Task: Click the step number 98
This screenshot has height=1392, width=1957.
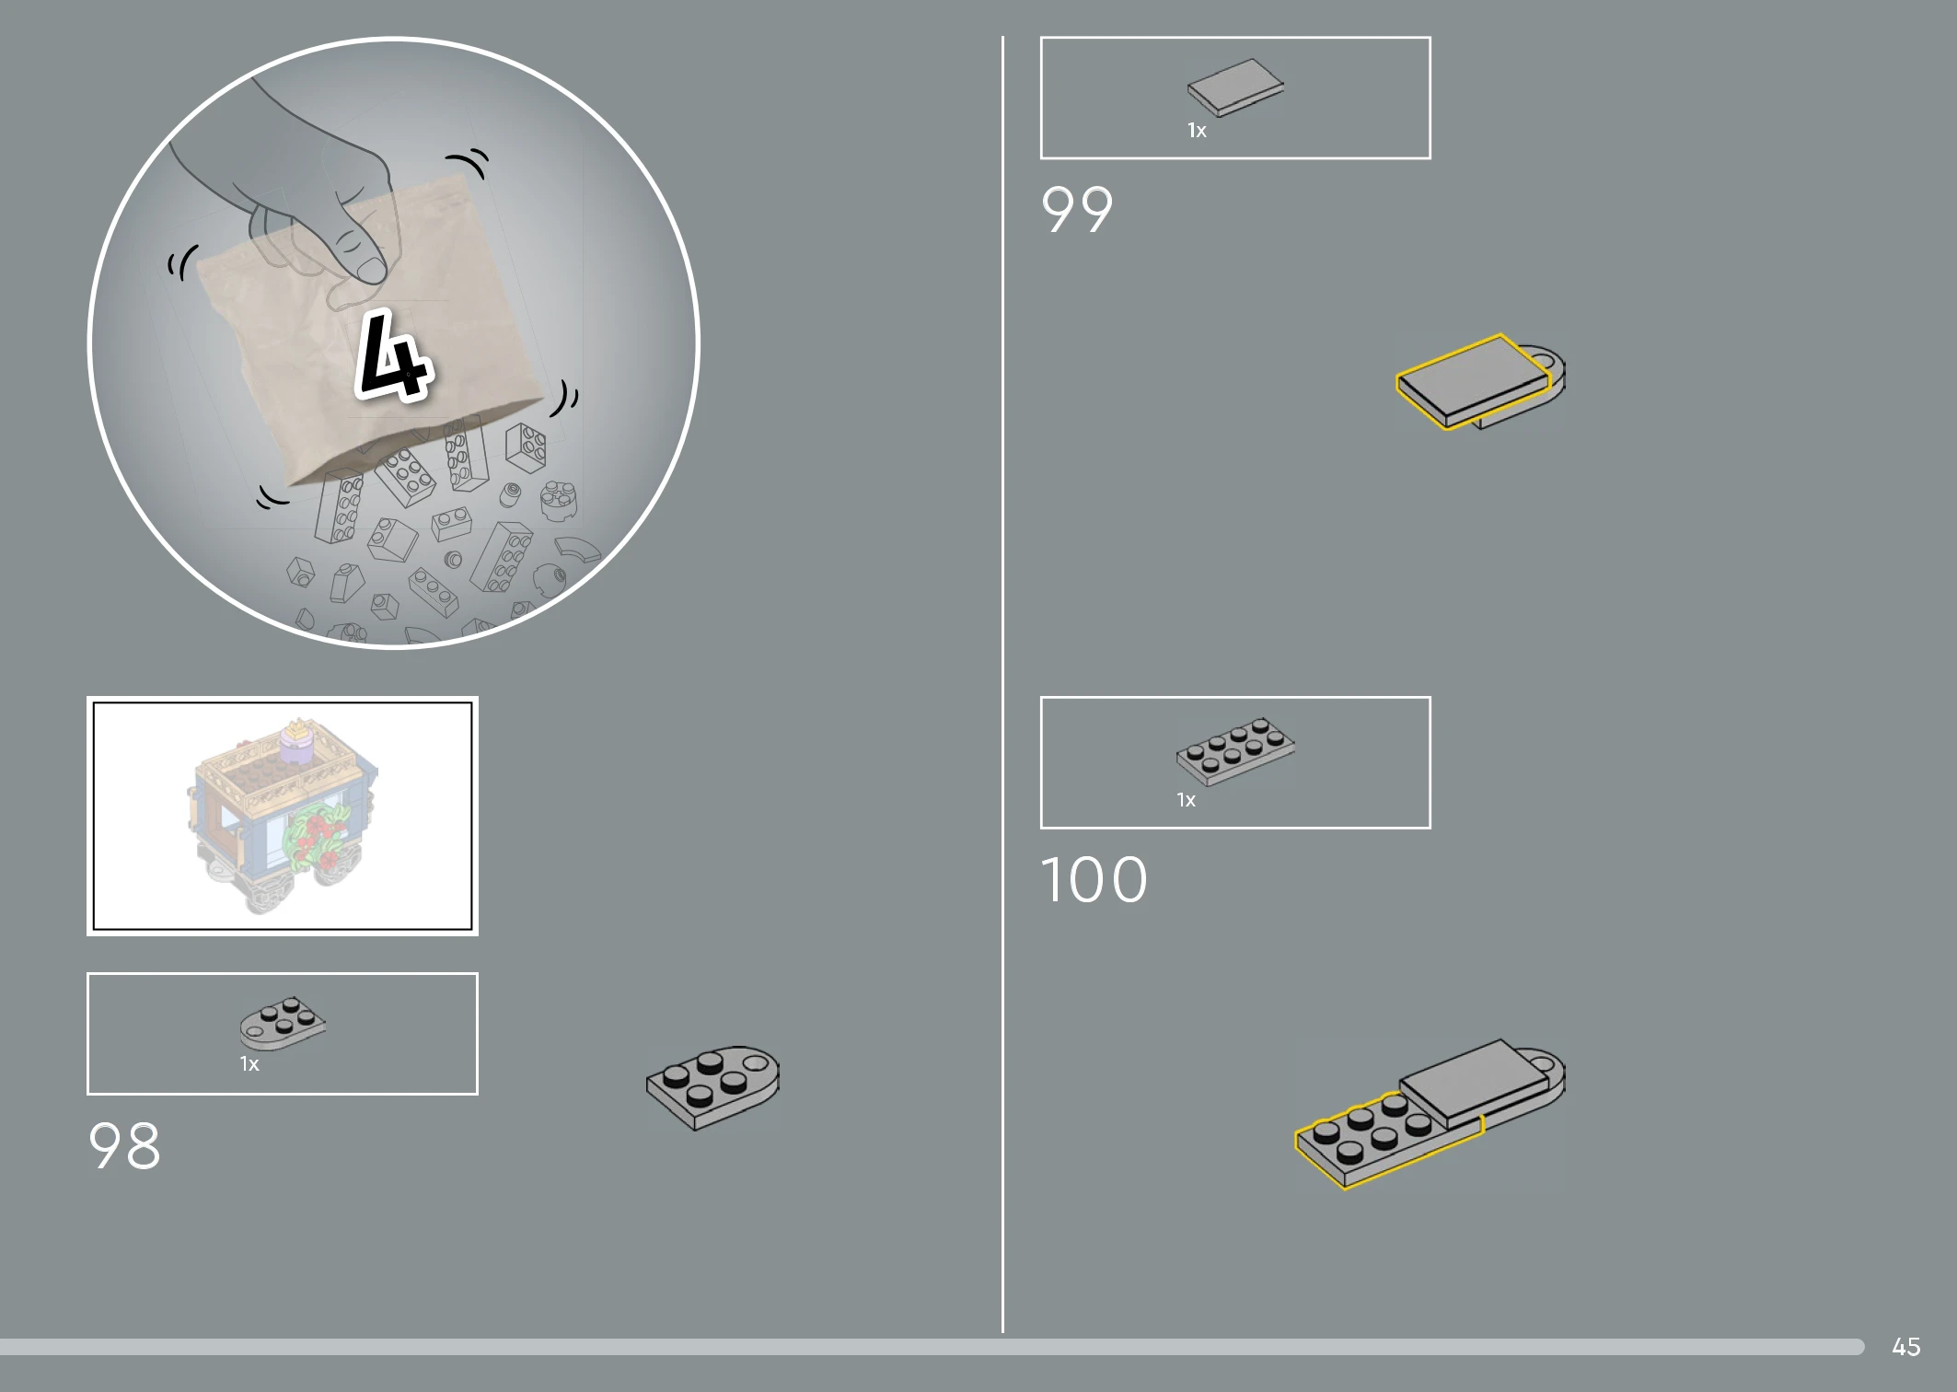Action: point(124,1146)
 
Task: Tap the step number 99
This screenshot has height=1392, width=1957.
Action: point(1077,210)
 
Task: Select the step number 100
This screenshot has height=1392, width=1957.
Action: point(1094,879)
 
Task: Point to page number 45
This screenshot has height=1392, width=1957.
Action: point(1906,1347)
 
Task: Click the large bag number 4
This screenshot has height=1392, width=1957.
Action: point(393,356)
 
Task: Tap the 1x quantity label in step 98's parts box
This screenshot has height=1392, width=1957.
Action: point(249,1064)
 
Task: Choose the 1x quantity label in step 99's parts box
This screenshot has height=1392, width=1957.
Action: point(1197,131)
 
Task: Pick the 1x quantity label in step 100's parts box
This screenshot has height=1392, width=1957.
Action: point(1186,800)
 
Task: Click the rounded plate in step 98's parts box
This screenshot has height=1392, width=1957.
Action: point(283,1022)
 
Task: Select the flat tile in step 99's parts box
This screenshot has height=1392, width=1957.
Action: point(1235,87)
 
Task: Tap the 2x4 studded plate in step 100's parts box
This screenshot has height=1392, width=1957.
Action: point(1235,751)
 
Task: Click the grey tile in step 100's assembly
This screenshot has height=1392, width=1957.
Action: point(1476,1083)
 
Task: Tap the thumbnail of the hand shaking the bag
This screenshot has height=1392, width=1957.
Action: point(394,342)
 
